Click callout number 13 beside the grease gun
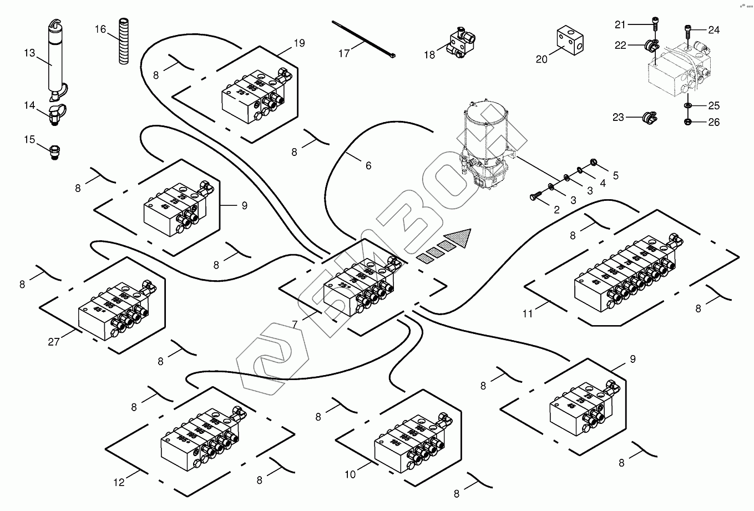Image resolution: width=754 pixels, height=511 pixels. (29, 53)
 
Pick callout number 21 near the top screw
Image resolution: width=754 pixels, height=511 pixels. (620, 24)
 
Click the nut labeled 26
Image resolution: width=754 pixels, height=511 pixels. (687, 122)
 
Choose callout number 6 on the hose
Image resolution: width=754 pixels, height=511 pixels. (368, 165)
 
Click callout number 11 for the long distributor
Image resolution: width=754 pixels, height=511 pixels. (528, 313)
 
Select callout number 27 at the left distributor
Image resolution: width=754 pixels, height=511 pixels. (53, 342)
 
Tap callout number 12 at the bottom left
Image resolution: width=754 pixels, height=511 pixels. (119, 482)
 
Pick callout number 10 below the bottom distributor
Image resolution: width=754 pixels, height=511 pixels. (350, 474)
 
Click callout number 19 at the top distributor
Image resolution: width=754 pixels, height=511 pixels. (299, 43)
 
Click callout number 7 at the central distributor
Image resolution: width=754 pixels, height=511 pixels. (295, 324)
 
